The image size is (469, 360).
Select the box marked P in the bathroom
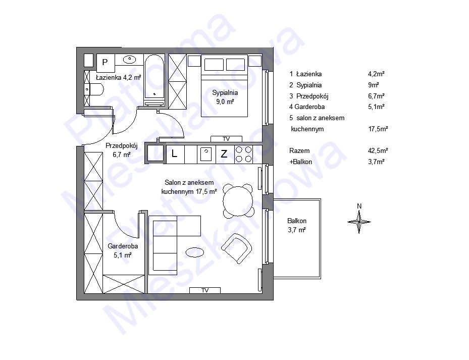(106, 63)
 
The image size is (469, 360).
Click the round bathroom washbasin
(130, 59)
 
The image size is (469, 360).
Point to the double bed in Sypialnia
(224, 86)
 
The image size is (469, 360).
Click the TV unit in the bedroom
(226, 139)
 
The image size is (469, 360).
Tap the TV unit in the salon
(205, 290)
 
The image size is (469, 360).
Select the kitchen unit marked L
(175, 155)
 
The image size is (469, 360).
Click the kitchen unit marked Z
(225, 155)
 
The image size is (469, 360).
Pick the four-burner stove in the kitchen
(243, 155)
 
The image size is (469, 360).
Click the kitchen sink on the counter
(206, 155)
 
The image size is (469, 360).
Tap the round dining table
(238, 201)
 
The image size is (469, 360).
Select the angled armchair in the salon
(236, 248)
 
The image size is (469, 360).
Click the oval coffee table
(195, 252)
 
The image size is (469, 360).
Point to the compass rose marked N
(359, 222)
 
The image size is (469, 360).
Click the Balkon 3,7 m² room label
(297, 225)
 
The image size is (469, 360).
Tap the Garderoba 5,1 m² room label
(123, 250)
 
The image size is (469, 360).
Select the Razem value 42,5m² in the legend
(378, 150)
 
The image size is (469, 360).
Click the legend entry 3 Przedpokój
(308, 96)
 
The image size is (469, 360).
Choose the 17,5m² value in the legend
(378, 129)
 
